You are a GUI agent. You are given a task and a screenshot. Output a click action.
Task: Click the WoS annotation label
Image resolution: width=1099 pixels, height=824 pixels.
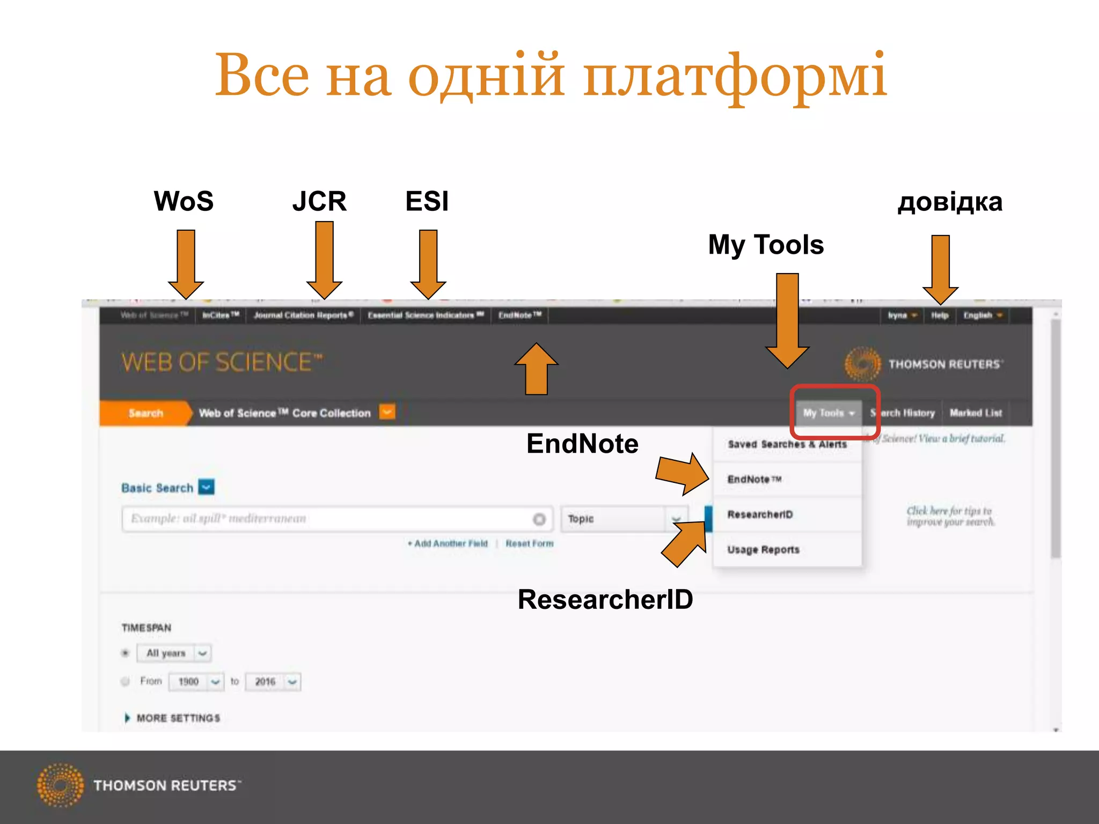tap(184, 202)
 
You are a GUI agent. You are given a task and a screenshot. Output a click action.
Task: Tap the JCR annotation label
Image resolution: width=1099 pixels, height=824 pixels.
tap(319, 202)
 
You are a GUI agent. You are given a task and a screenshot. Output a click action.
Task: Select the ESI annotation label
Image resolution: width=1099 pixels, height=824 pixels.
tap(427, 202)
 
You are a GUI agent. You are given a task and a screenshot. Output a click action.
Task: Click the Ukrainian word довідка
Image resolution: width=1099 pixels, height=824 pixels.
tap(950, 202)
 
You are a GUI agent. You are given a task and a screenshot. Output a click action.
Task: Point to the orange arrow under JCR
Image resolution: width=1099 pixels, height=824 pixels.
tap(324, 260)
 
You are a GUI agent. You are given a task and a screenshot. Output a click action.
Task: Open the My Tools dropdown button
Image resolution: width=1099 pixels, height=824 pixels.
tap(828, 413)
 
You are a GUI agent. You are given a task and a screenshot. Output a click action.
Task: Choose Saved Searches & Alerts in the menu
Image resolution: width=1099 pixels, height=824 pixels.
tap(787, 444)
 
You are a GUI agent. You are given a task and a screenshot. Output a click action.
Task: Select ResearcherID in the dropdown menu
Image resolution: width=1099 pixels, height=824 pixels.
tap(760, 514)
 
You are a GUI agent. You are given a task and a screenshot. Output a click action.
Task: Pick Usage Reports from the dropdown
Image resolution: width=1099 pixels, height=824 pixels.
tap(763, 549)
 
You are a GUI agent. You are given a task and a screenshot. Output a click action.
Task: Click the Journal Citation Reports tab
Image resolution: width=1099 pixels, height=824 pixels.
tap(303, 315)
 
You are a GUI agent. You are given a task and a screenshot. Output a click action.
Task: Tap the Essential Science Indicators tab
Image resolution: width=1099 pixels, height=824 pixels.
tap(426, 315)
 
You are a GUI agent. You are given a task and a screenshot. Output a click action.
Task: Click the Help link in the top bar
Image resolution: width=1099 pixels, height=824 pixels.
tap(939, 315)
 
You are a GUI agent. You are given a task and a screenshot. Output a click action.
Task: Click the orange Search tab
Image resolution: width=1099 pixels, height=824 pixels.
tap(145, 413)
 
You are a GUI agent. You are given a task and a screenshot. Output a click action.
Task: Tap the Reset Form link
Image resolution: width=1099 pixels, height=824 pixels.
tap(529, 543)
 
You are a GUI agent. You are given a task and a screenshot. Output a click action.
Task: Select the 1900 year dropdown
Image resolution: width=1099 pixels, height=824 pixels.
tap(196, 682)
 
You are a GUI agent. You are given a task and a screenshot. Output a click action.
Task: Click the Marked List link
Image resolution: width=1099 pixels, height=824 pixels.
tap(976, 413)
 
